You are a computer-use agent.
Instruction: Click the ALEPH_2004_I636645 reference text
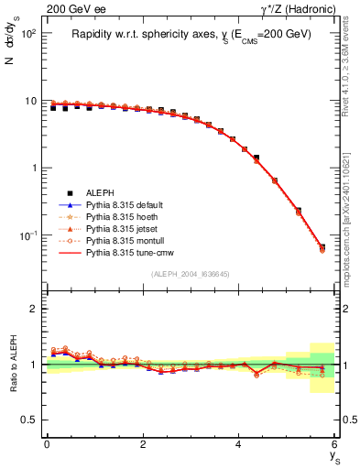click(191, 274)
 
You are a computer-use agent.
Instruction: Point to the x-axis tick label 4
click(239, 444)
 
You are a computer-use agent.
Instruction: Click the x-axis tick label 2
click(143, 444)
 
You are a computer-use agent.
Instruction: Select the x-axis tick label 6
click(334, 444)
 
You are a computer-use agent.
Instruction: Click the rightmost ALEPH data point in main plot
click(322, 246)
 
